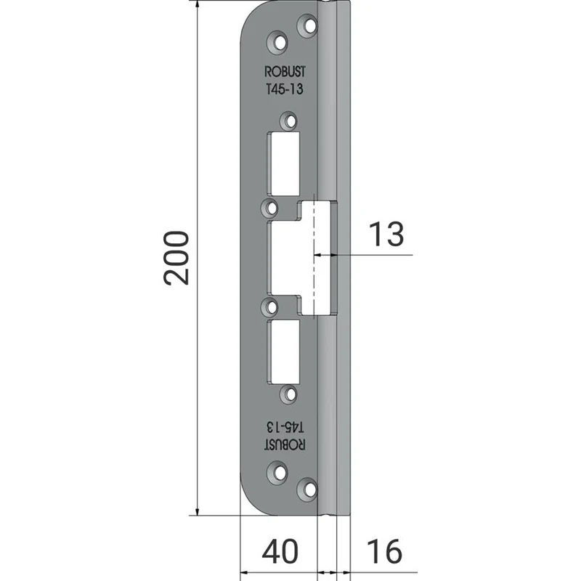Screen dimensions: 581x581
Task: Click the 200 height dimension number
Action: click(176, 258)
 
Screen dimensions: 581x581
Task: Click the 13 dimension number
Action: click(386, 234)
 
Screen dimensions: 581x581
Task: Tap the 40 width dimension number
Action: click(280, 551)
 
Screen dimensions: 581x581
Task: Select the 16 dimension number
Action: click(384, 551)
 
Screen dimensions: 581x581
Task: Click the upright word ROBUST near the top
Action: click(285, 71)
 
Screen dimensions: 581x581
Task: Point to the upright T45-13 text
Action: click(285, 89)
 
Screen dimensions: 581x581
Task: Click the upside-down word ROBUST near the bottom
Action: click(285, 444)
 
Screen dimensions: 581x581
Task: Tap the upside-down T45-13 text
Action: click(285, 427)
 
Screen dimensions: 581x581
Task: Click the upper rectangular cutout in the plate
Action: click(284, 163)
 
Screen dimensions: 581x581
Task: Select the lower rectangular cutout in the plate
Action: click(284, 352)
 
